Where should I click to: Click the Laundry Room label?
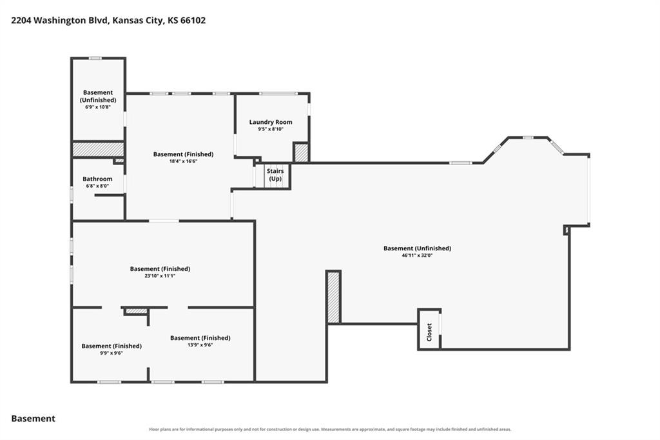click(271, 122)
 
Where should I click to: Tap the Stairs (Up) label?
click(275, 174)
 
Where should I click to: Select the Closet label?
click(429, 332)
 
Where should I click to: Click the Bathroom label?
click(97, 179)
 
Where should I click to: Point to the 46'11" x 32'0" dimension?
click(417, 255)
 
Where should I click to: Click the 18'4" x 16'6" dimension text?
click(183, 161)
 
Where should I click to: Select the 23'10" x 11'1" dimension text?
click(160, 275)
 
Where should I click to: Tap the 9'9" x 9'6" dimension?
click(112, 353)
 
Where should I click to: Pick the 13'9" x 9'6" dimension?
click(200, 345)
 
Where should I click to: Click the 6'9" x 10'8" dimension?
click(98, 107)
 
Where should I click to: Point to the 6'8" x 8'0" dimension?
click(97, 186)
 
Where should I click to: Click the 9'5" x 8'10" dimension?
click(271, 129)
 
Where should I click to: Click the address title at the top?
click(108, 20)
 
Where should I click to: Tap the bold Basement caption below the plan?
click(34, 419)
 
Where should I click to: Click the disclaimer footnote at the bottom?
click(330, 430)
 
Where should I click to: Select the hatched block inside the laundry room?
click(301, 153)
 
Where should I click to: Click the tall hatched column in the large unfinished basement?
click(333, 297)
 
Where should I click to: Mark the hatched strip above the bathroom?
click(98, 149)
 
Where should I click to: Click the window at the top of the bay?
click(528, 137)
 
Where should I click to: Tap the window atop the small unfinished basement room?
click(95, 58)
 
